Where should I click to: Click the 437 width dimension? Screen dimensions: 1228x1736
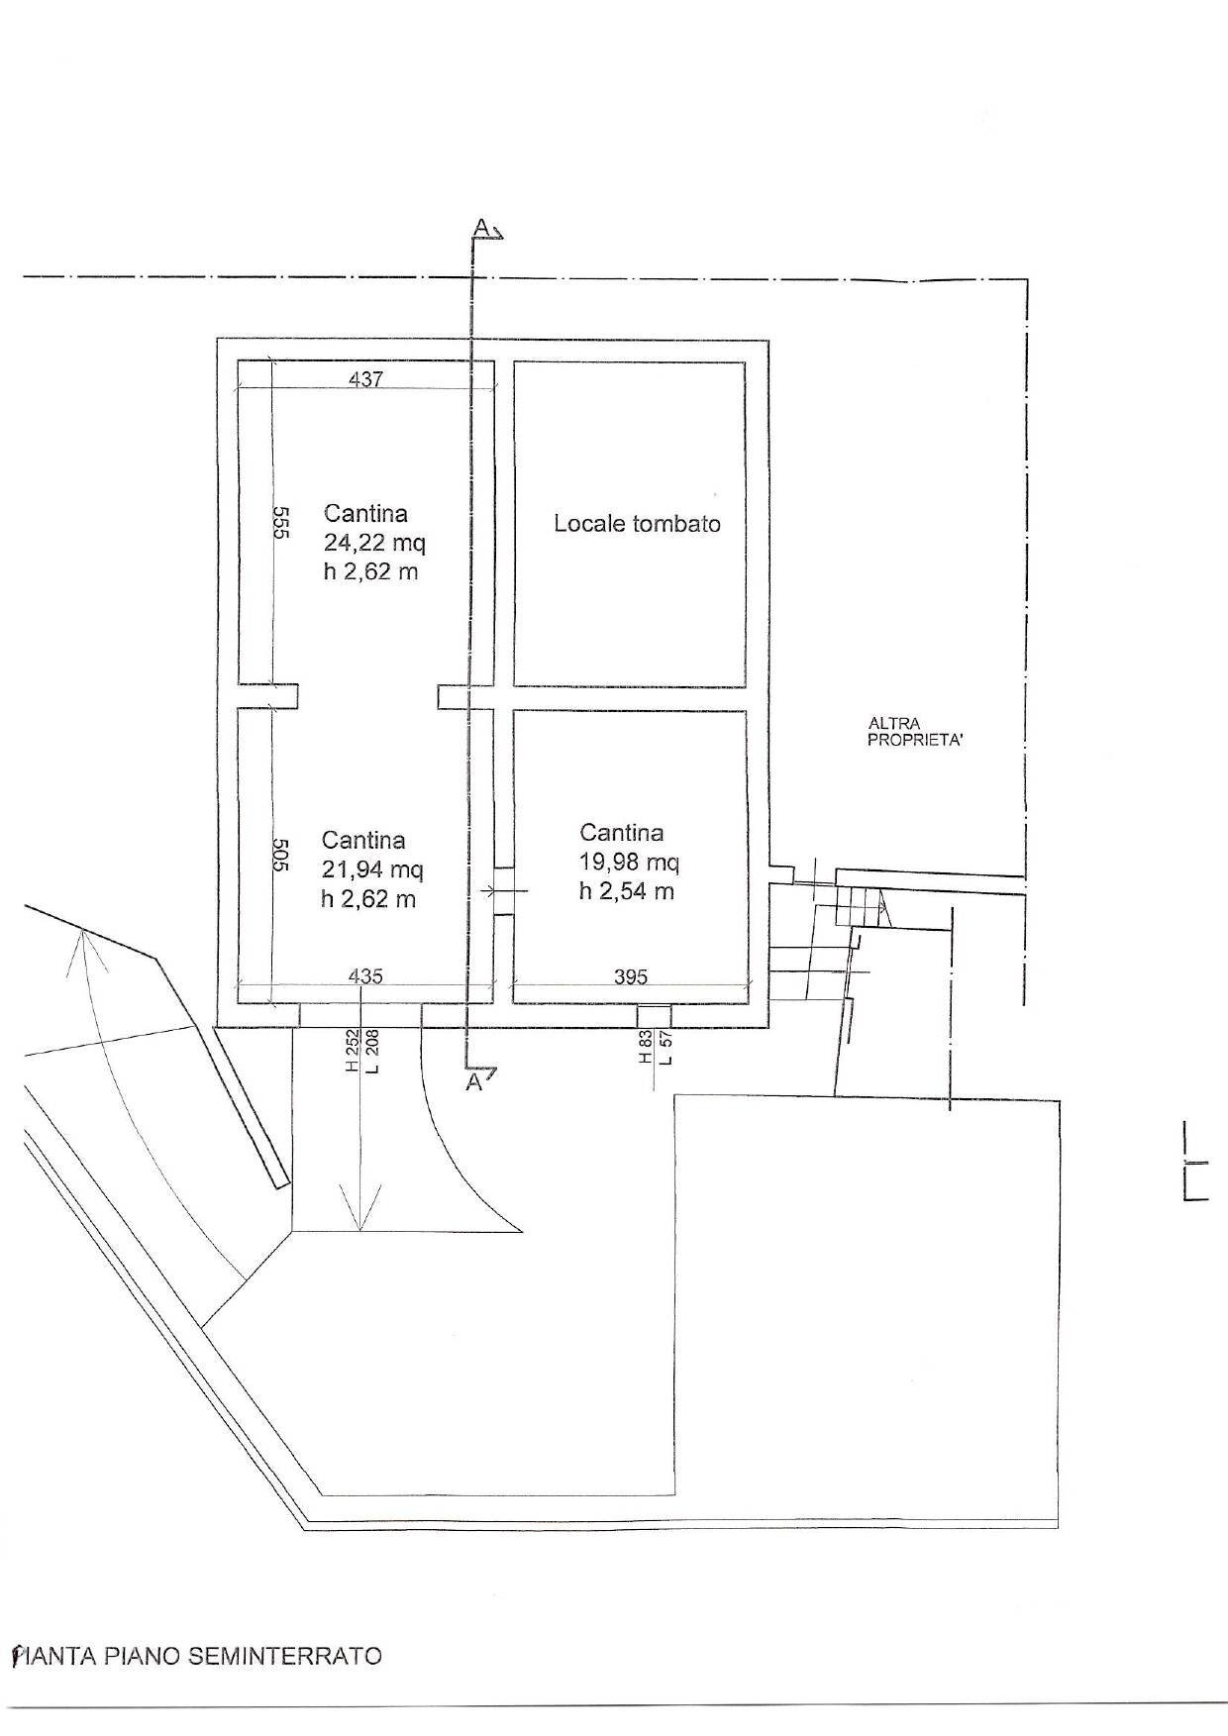tap(365, 378)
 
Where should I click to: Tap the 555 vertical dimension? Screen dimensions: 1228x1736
tap(279, 522)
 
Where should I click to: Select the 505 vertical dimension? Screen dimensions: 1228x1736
tap(279, 855)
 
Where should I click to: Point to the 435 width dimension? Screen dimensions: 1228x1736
tap(366, 975)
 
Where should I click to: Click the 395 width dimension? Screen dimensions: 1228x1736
tap(630, 976)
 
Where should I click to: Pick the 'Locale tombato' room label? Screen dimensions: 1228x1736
tap(637, 524)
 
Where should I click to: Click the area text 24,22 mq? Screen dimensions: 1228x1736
tap(374, 543)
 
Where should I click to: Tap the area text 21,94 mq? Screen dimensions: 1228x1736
tap(372, 869)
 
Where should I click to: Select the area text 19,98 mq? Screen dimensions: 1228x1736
tap(629, 863)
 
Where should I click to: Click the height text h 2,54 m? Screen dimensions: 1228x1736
tap(627, 891)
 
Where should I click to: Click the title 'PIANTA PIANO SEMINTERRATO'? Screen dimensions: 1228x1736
tap(196, 1656)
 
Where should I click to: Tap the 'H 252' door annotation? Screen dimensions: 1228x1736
tap(351, 1052)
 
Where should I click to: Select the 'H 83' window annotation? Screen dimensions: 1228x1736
tap(646, 1047)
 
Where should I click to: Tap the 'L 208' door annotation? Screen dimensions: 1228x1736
tap(371, 1052)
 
